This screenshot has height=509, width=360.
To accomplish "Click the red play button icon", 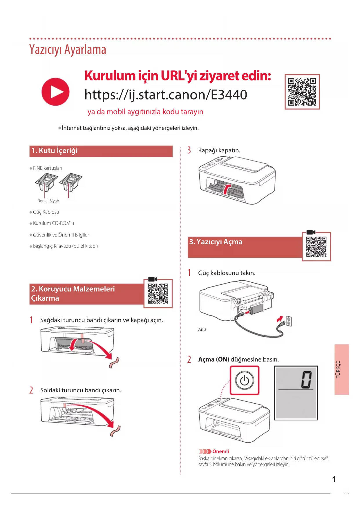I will pos(55,92).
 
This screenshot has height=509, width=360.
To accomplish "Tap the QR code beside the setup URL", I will pos(302,92).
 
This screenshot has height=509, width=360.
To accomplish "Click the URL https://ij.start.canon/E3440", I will pos(166,95).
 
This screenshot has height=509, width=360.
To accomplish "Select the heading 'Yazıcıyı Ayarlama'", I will pos(68,50).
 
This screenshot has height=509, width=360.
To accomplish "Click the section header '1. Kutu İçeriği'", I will pos(55,151).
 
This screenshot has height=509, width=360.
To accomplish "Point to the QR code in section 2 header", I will pos(158,293).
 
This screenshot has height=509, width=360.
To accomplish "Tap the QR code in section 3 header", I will pos(316,247).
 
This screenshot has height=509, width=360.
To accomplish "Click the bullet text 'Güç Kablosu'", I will pos(46,212).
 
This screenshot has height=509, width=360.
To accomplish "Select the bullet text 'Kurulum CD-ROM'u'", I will pos(53,223).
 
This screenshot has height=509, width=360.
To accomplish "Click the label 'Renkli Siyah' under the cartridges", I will pos(48,201).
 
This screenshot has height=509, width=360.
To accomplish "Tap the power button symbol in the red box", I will pos(245,380).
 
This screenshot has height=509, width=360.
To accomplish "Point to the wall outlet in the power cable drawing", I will pos(289,321).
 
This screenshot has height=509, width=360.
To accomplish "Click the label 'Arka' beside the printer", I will pos(202,329).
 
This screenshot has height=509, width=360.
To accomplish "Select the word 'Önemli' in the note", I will pos(220,451).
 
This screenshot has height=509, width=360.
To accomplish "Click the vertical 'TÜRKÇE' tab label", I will pos(338,369).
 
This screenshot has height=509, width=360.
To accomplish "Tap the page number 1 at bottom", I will pos(334,479).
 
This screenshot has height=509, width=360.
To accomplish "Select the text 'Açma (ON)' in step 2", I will pos(214,359).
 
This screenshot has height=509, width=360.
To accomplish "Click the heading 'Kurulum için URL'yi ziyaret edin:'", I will pos(178,76).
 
